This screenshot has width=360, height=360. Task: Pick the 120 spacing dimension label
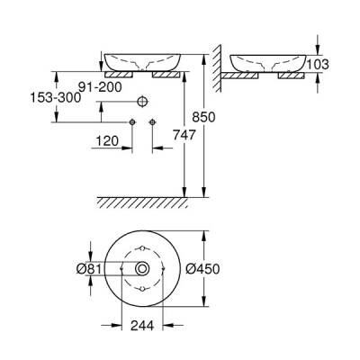point(108,140)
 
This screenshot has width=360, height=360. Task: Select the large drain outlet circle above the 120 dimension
point(141,100)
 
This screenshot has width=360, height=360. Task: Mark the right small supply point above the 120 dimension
point(151,120)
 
